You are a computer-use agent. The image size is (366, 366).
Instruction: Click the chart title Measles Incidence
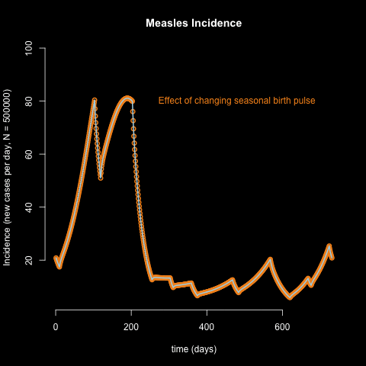coord(194,24)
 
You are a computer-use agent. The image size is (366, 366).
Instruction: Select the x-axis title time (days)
coord(193,349)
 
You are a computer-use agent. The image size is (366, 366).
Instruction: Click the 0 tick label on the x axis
coord(56,326)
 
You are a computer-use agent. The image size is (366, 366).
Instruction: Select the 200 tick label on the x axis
coord(131,326)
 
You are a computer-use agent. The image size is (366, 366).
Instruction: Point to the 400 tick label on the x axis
coord(207,326)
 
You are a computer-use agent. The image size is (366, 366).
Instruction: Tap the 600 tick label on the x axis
coord(282,326)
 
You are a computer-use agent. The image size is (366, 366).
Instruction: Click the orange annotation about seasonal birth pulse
coord(236,101)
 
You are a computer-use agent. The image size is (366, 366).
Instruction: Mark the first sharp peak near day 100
coord(95,100)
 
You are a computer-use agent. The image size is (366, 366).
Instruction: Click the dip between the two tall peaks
coord(101,178)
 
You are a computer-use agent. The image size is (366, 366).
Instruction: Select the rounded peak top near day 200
coord(127,98)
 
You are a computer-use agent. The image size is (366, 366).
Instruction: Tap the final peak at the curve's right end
coord(329,246)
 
